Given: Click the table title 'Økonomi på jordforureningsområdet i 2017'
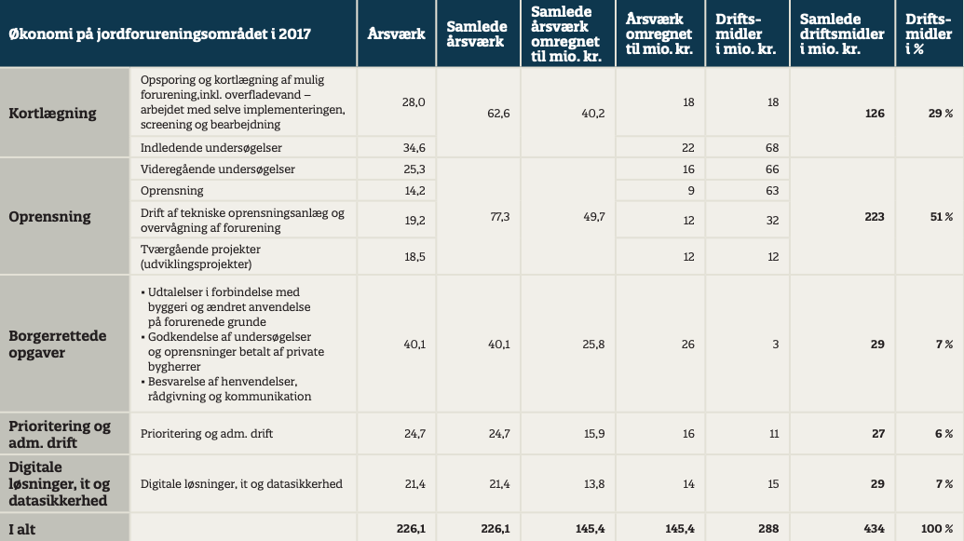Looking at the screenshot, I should pos(159,34).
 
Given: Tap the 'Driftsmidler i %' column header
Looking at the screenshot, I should pos(929,34).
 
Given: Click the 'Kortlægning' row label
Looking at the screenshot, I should pos(52,114).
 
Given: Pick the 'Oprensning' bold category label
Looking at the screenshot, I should pos(49,217).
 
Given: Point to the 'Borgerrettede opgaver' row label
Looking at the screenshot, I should pos(57,344).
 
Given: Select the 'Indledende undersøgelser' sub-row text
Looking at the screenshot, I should pos(210,147).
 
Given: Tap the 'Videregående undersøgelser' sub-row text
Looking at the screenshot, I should pos(217,169).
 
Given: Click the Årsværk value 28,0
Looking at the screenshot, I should pos(414,102).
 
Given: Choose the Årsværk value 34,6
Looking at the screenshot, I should pos(414,147).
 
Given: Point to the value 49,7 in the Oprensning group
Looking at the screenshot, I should pos(593,217).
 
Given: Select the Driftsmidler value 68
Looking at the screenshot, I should pos(772,147).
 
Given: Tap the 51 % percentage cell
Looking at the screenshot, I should pos(942,217).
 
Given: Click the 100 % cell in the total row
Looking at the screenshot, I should pos(938,529).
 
